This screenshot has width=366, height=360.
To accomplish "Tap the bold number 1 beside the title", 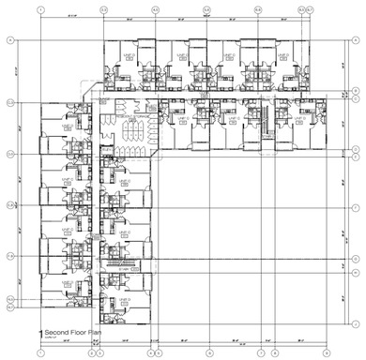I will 39,333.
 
